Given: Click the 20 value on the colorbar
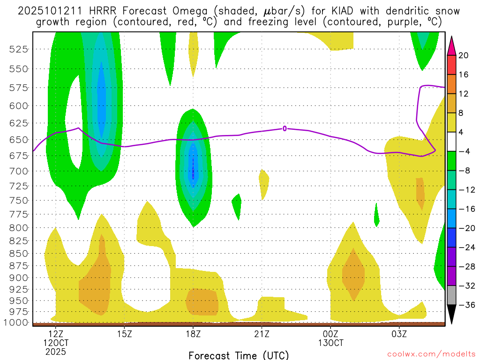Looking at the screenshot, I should click(464, 55).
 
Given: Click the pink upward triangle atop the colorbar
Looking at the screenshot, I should click(451, 45).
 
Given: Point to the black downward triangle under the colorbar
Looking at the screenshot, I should click(451, 315).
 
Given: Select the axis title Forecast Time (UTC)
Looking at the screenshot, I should click(239, 355).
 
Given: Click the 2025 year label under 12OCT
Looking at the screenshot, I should click(56, 351).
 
